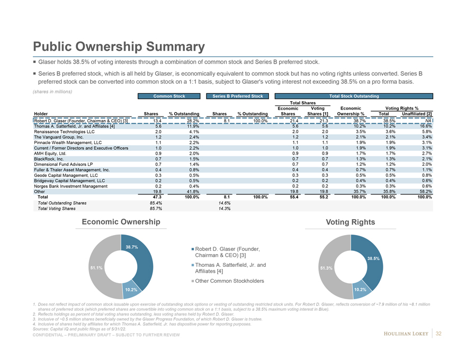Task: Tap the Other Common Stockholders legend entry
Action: [229, 281]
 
